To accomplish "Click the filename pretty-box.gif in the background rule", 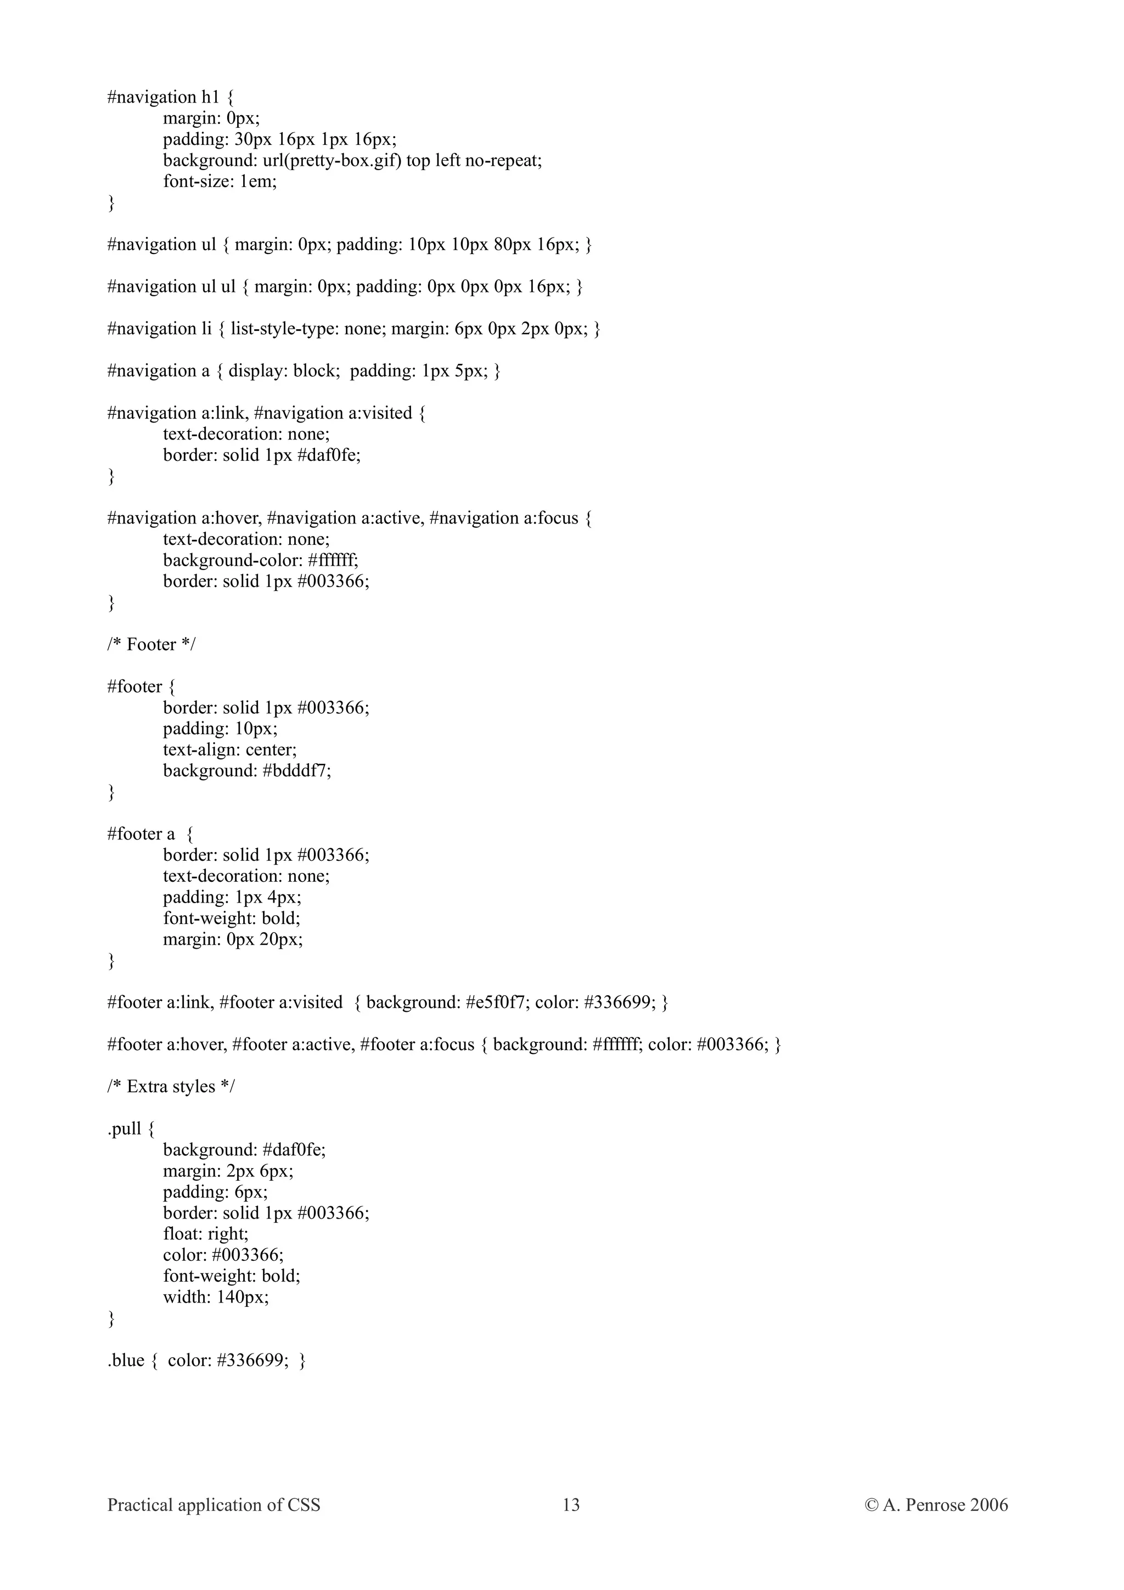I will tap(341, 161).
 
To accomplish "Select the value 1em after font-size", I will tap(256, 182).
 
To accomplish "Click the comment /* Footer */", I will tap(151, 645).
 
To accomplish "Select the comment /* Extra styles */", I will tap(171, 1086).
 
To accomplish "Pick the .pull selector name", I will tap(125, 1129).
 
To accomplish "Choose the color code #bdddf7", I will tap(296, 771).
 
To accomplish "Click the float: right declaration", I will tap(206, 1234).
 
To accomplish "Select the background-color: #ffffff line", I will tap(260, 560).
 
